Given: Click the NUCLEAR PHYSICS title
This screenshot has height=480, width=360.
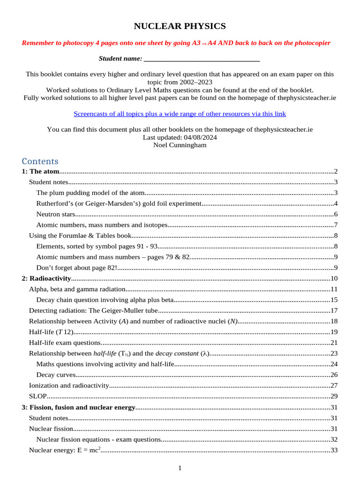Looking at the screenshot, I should click(x=180, y=26).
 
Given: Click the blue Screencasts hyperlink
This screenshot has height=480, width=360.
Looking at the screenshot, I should click(x=180, y=114).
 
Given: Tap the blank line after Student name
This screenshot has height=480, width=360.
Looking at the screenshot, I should click(x=202, y=59).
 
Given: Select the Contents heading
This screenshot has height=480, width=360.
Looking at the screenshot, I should click(x=40, y=161).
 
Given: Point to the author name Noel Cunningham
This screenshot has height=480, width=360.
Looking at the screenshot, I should click(x=180, y=145).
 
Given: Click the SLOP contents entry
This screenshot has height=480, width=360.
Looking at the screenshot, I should click(x=37, y=396).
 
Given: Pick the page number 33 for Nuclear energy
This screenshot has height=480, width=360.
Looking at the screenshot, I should click(x=334, y=450).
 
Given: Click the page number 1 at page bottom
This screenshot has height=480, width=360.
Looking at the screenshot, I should click(x=180, y=468).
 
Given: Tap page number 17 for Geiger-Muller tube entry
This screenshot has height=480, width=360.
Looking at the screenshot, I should click(x=334, y=310).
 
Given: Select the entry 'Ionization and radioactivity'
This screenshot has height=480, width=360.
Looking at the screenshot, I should click(x=68, y=385).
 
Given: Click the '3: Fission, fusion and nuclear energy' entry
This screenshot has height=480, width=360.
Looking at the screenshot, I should click(x=78, y=407).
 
